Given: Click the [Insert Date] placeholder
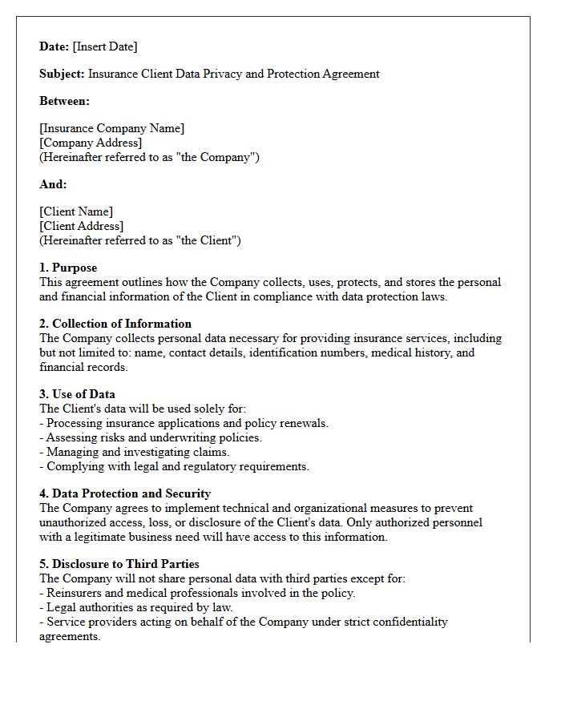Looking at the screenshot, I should [x=105, y=46].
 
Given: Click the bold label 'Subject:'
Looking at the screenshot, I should [x=63, y=74].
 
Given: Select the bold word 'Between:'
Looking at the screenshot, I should [x=65, y=101].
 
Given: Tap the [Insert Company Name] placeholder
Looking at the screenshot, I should [x=112, y=128].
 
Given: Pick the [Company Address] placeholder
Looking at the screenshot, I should [x=91, y=143].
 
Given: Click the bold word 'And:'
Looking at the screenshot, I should [x=54, y=184].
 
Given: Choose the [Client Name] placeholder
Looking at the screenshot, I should [x=76, y=211].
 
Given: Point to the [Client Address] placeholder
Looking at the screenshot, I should [x=82, y=226].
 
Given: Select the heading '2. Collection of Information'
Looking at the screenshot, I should [x=115, y=324].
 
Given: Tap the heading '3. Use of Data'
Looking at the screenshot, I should [x=77, y=394].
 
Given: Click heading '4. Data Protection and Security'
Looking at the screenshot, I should [x=125, y=493].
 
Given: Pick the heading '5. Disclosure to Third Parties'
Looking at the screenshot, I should [x=119, y=564].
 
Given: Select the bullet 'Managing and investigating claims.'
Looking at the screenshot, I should [x=138, y=452].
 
